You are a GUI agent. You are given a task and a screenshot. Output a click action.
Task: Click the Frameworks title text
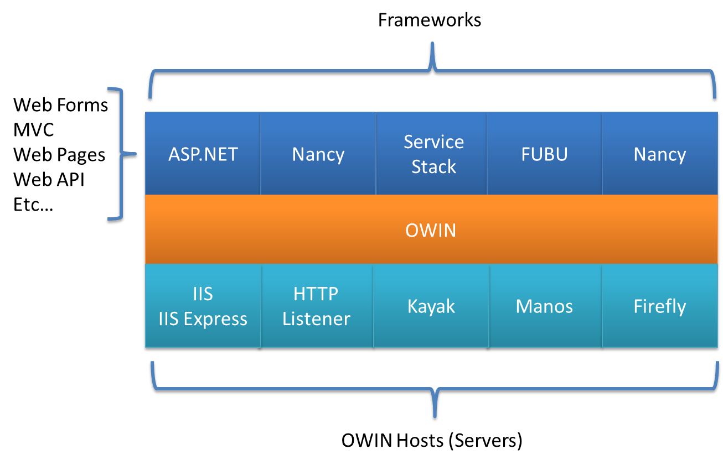(430, 20)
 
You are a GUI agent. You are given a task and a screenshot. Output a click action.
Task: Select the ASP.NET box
(203, 154)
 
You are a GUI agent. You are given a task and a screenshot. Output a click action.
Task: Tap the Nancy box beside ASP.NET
(318, 154)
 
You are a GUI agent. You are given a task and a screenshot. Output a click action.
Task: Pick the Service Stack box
(433, 154)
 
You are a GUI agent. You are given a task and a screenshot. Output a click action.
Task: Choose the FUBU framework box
(544, 154)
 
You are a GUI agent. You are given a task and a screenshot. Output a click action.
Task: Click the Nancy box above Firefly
(659, 154)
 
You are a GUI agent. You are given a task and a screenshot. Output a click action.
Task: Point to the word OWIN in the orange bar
(431, 230)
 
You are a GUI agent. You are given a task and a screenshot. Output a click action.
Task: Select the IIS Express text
(203, 319)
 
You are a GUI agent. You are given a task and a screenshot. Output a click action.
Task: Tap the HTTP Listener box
(316, 306)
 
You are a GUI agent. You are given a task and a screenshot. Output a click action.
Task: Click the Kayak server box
(431, 306)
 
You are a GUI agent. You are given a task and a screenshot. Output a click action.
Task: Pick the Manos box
(544, 306)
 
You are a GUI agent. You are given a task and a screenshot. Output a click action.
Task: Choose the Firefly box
(659, 306)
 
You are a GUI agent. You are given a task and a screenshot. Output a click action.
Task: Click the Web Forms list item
(61, 105)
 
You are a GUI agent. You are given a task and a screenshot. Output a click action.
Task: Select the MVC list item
(34, 130)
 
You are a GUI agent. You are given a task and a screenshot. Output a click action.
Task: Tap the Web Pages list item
(59, 155)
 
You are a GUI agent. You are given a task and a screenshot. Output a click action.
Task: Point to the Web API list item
(49, 180)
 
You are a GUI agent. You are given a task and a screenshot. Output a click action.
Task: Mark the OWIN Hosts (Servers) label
(432, 441)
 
